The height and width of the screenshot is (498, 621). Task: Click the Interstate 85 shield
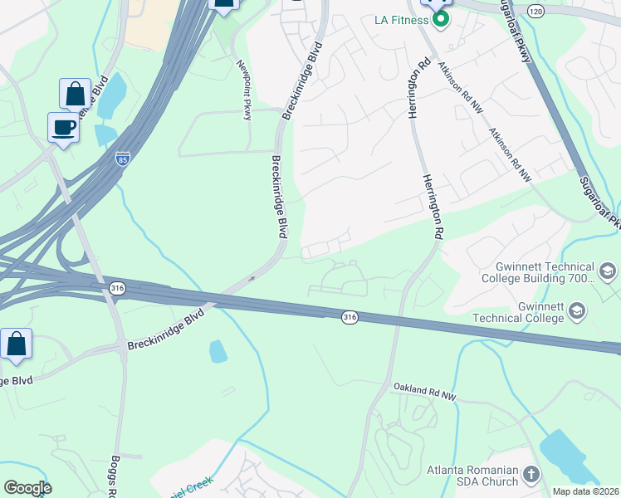pos(122,158)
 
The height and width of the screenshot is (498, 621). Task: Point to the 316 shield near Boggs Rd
pos(117,287)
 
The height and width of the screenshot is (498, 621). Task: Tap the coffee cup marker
pos(64,129)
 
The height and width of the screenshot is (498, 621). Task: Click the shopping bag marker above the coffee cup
pos(75,95)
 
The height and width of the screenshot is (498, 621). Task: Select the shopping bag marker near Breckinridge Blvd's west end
pos(16,344)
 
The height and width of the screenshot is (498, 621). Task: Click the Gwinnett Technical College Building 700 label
pos(537,273)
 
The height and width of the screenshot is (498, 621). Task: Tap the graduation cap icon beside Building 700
pos(607,272)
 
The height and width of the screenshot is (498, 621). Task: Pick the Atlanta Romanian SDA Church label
pos(472,476)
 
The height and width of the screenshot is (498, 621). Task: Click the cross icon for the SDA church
pos(531,476)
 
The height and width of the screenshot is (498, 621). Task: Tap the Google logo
pos(27,488)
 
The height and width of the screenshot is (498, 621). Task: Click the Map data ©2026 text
pos(586,491)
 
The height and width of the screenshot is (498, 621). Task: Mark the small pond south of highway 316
pos(218,352)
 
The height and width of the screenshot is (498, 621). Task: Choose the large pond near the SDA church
pos(569,456)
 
